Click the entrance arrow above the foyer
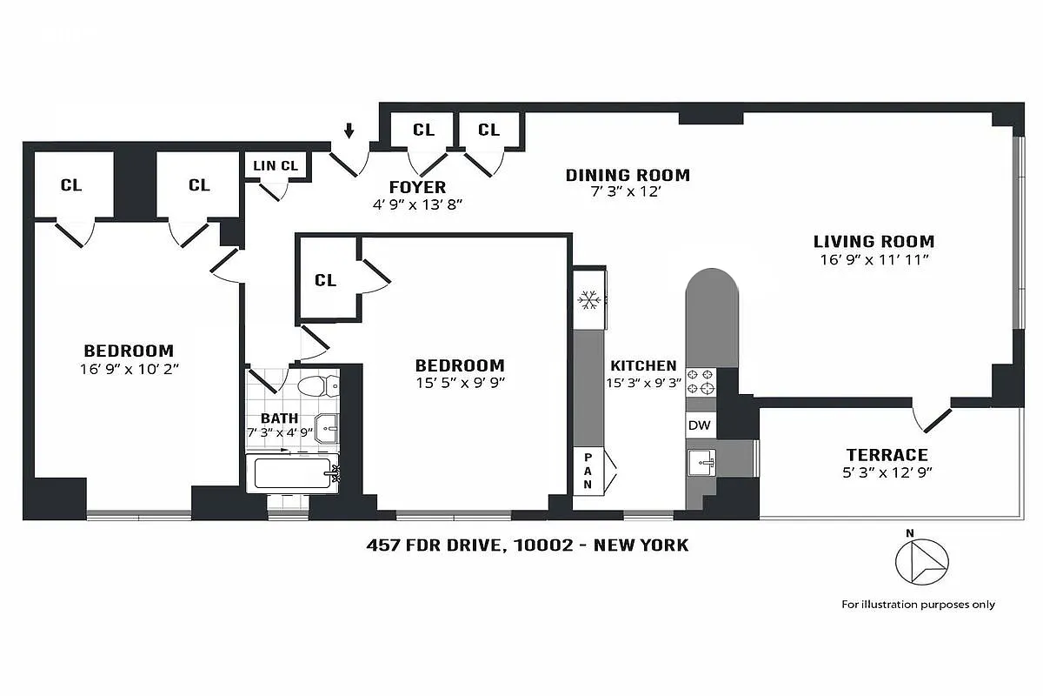[349, 131]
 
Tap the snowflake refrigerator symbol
[589, 301]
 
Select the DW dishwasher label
[699, 425]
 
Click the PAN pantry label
[587, 471]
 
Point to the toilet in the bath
[310, 385]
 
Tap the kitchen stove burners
[701, 381]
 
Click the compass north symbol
[921, 561]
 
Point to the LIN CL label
[276, 165]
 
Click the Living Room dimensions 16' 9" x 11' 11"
[874, 259]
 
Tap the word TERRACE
[887, 455]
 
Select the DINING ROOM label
[628, 175]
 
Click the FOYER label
[417, 187]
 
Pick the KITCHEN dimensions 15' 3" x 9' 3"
[643, 383]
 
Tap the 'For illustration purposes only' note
[918, 604]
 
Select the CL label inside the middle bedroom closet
[325, 280]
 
